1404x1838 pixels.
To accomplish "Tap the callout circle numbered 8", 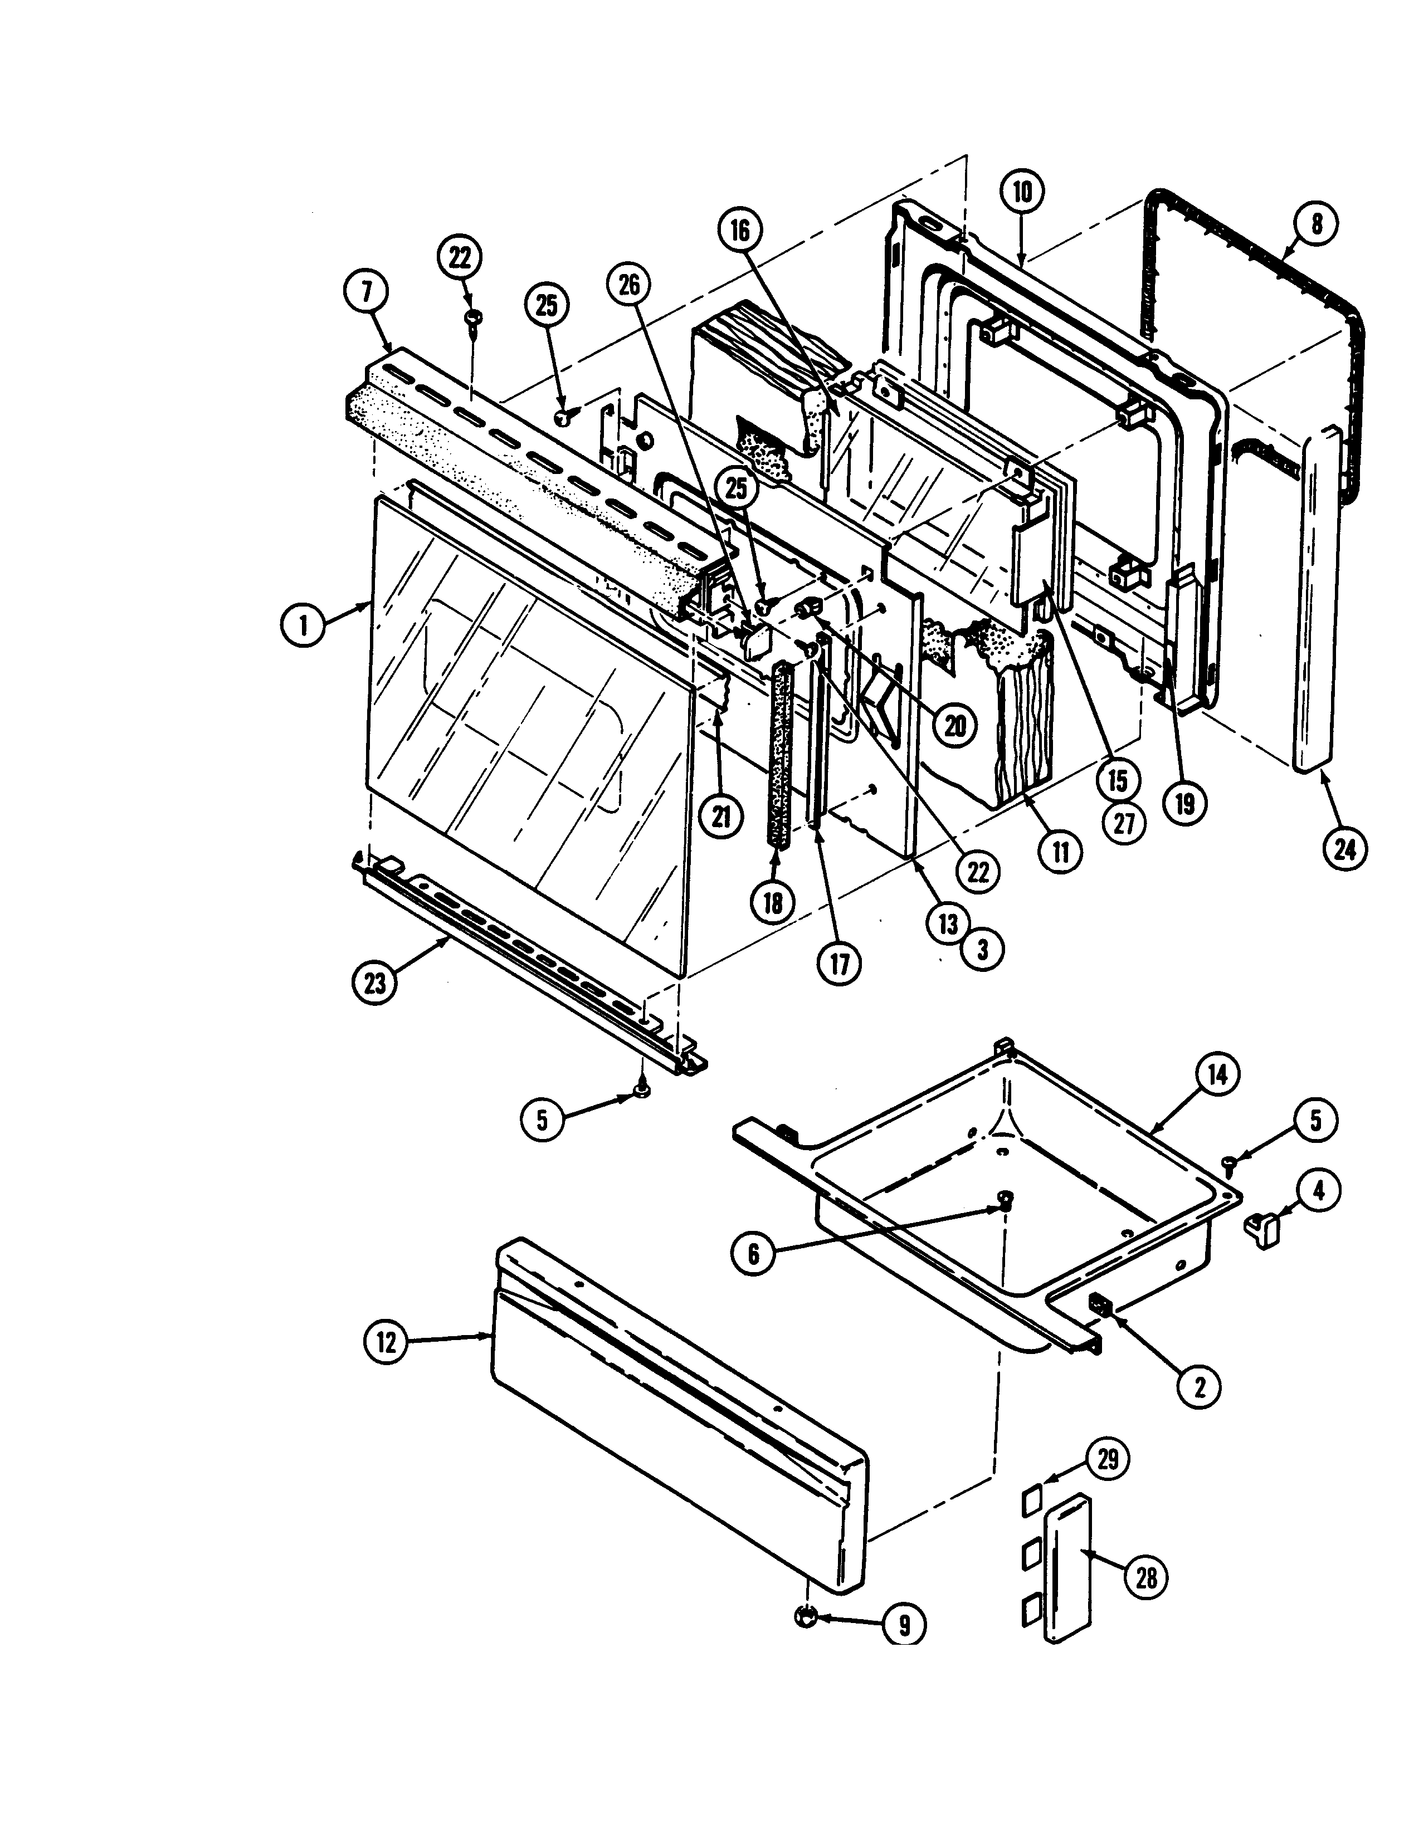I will [x=1316, y=225].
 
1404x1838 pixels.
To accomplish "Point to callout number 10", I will [x=1023, y=193].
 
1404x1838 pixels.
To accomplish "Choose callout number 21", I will [x=720, y=818].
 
